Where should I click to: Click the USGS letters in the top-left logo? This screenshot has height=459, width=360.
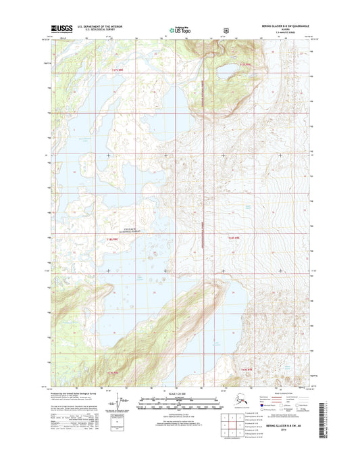[x=61, y=28]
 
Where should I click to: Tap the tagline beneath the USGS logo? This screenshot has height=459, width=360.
[x=58, y=33]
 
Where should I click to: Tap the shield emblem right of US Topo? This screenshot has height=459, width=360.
[x=225, y=30]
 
